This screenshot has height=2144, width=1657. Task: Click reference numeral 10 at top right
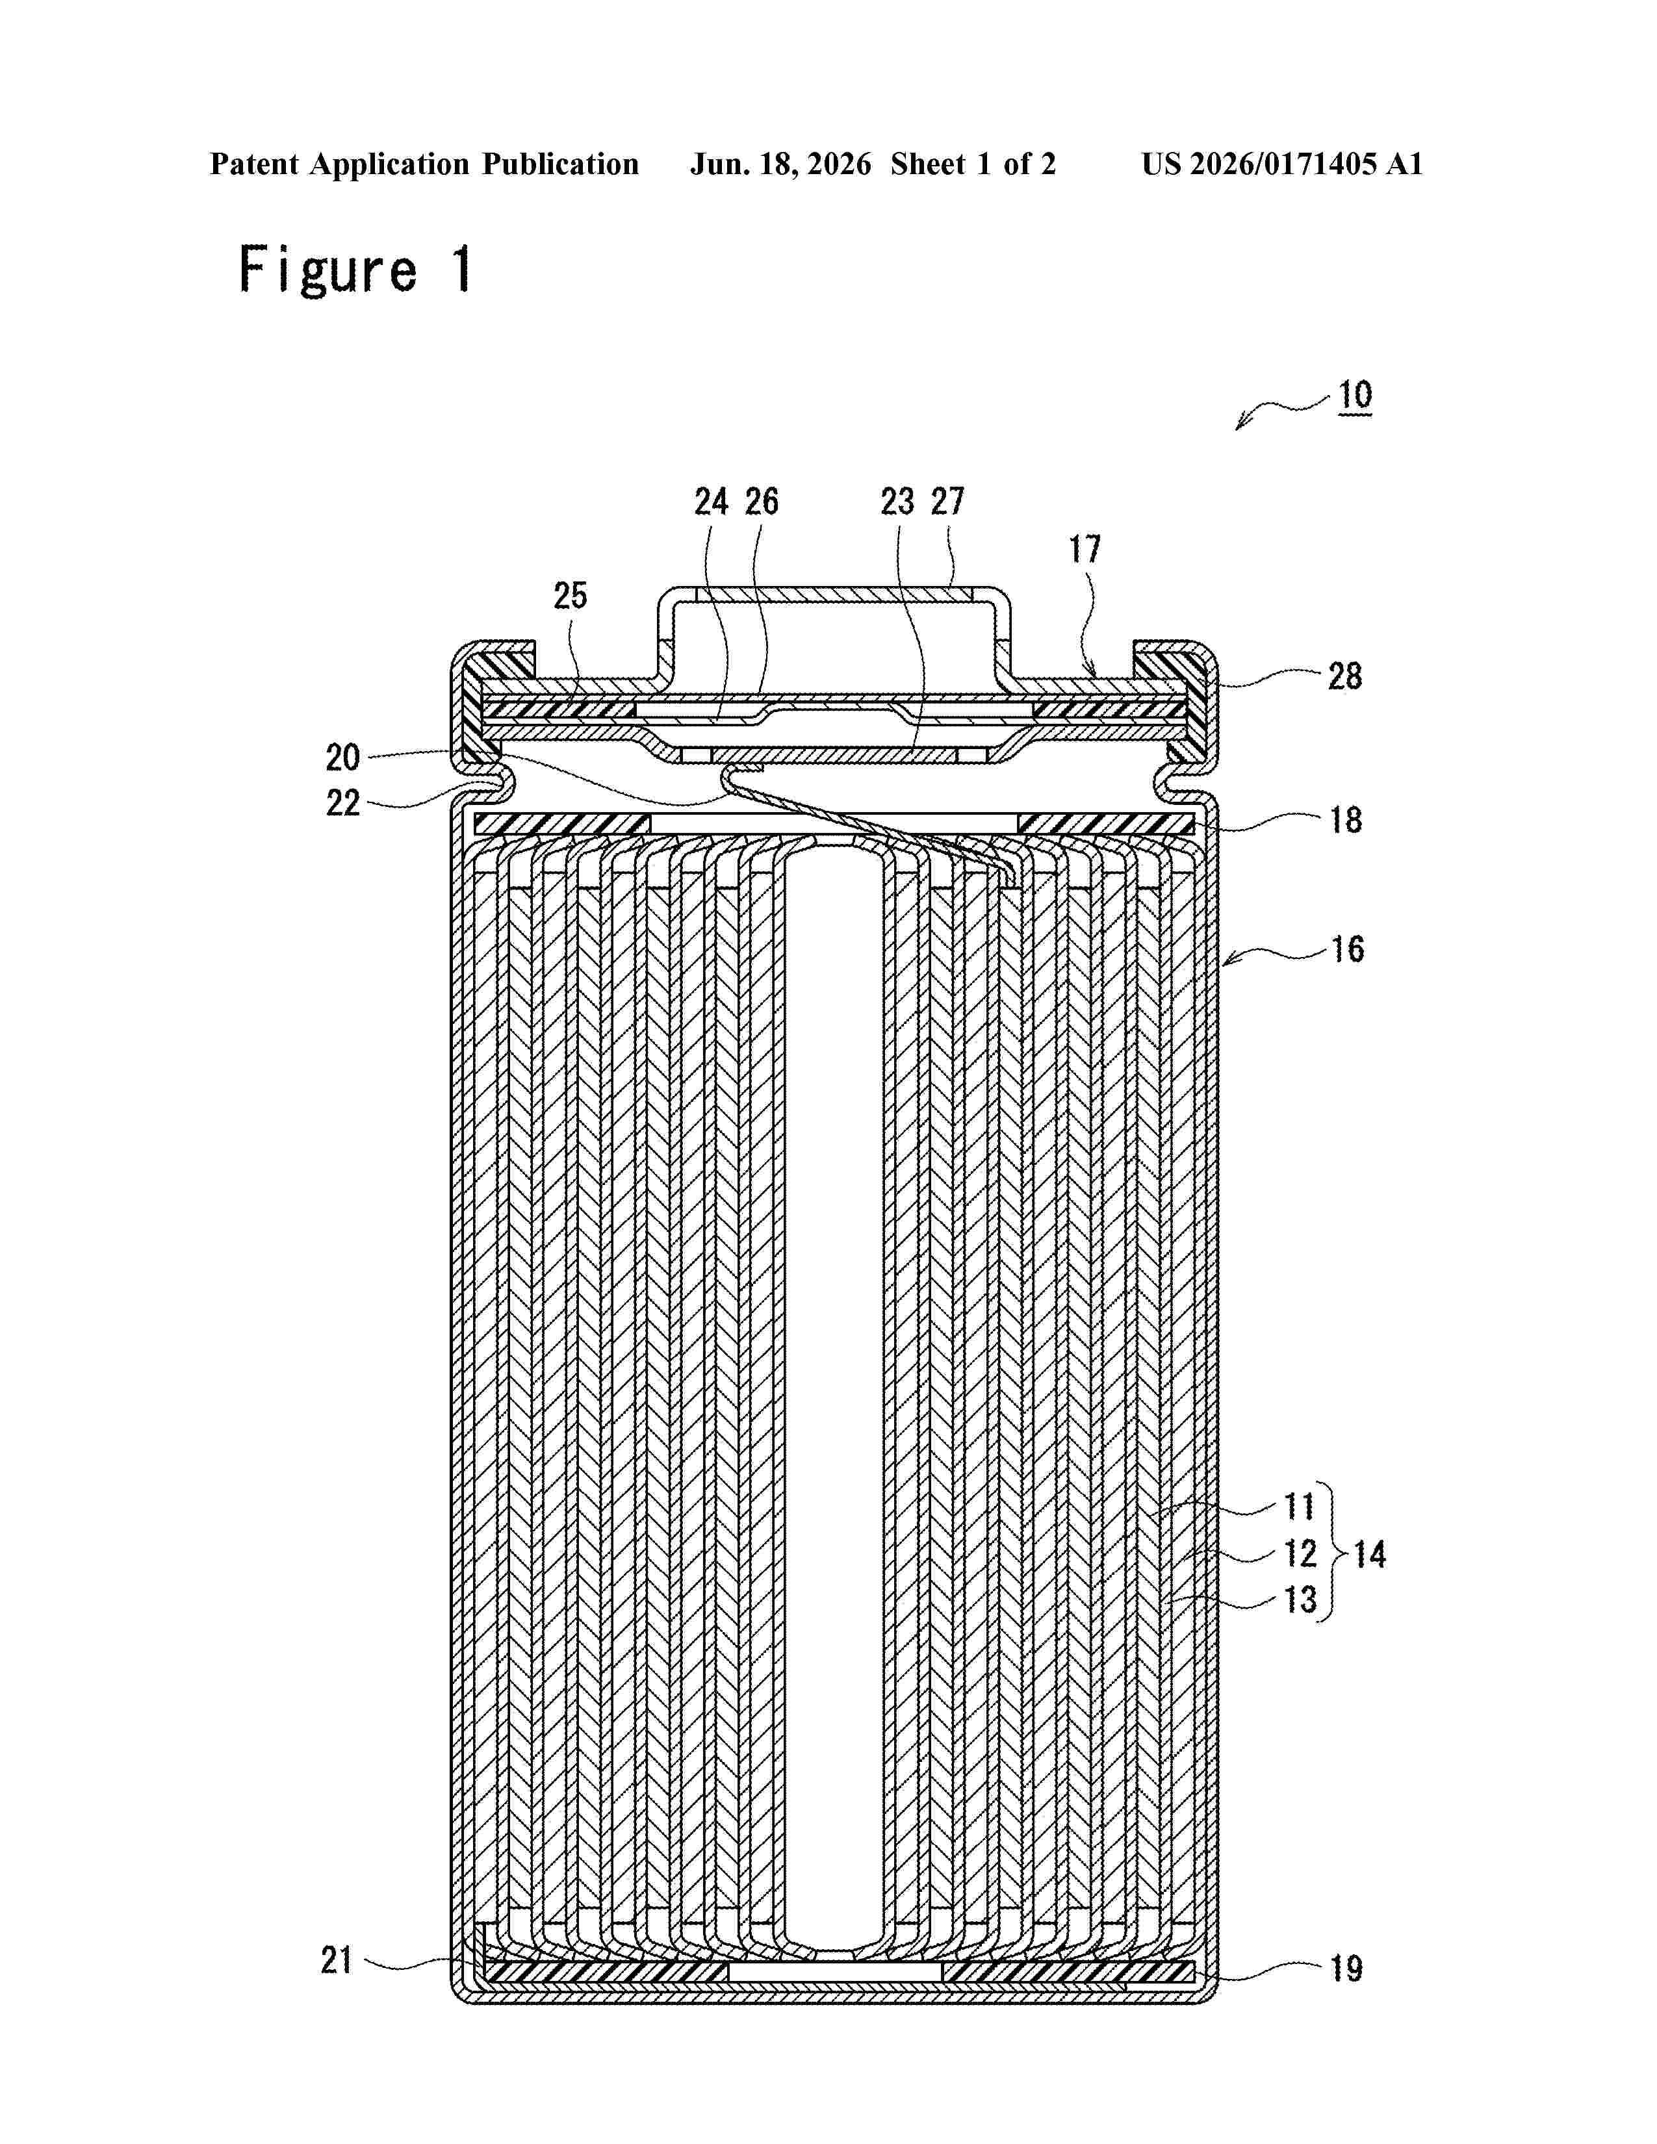coord(1355,396)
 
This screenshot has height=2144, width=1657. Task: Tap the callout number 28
coord(1345,676)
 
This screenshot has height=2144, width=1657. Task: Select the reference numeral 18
coord(1346,820)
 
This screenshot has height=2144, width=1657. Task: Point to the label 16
coord(1347,949)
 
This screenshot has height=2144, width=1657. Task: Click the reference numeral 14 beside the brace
coord(1369,1554)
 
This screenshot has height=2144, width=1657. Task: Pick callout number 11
coord(1300,1506)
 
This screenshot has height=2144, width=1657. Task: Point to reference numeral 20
coord(342,757)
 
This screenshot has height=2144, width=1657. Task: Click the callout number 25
coord(571,595)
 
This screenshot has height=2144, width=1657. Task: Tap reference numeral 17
coord(1085,549)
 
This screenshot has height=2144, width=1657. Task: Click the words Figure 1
coord(356,270)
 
